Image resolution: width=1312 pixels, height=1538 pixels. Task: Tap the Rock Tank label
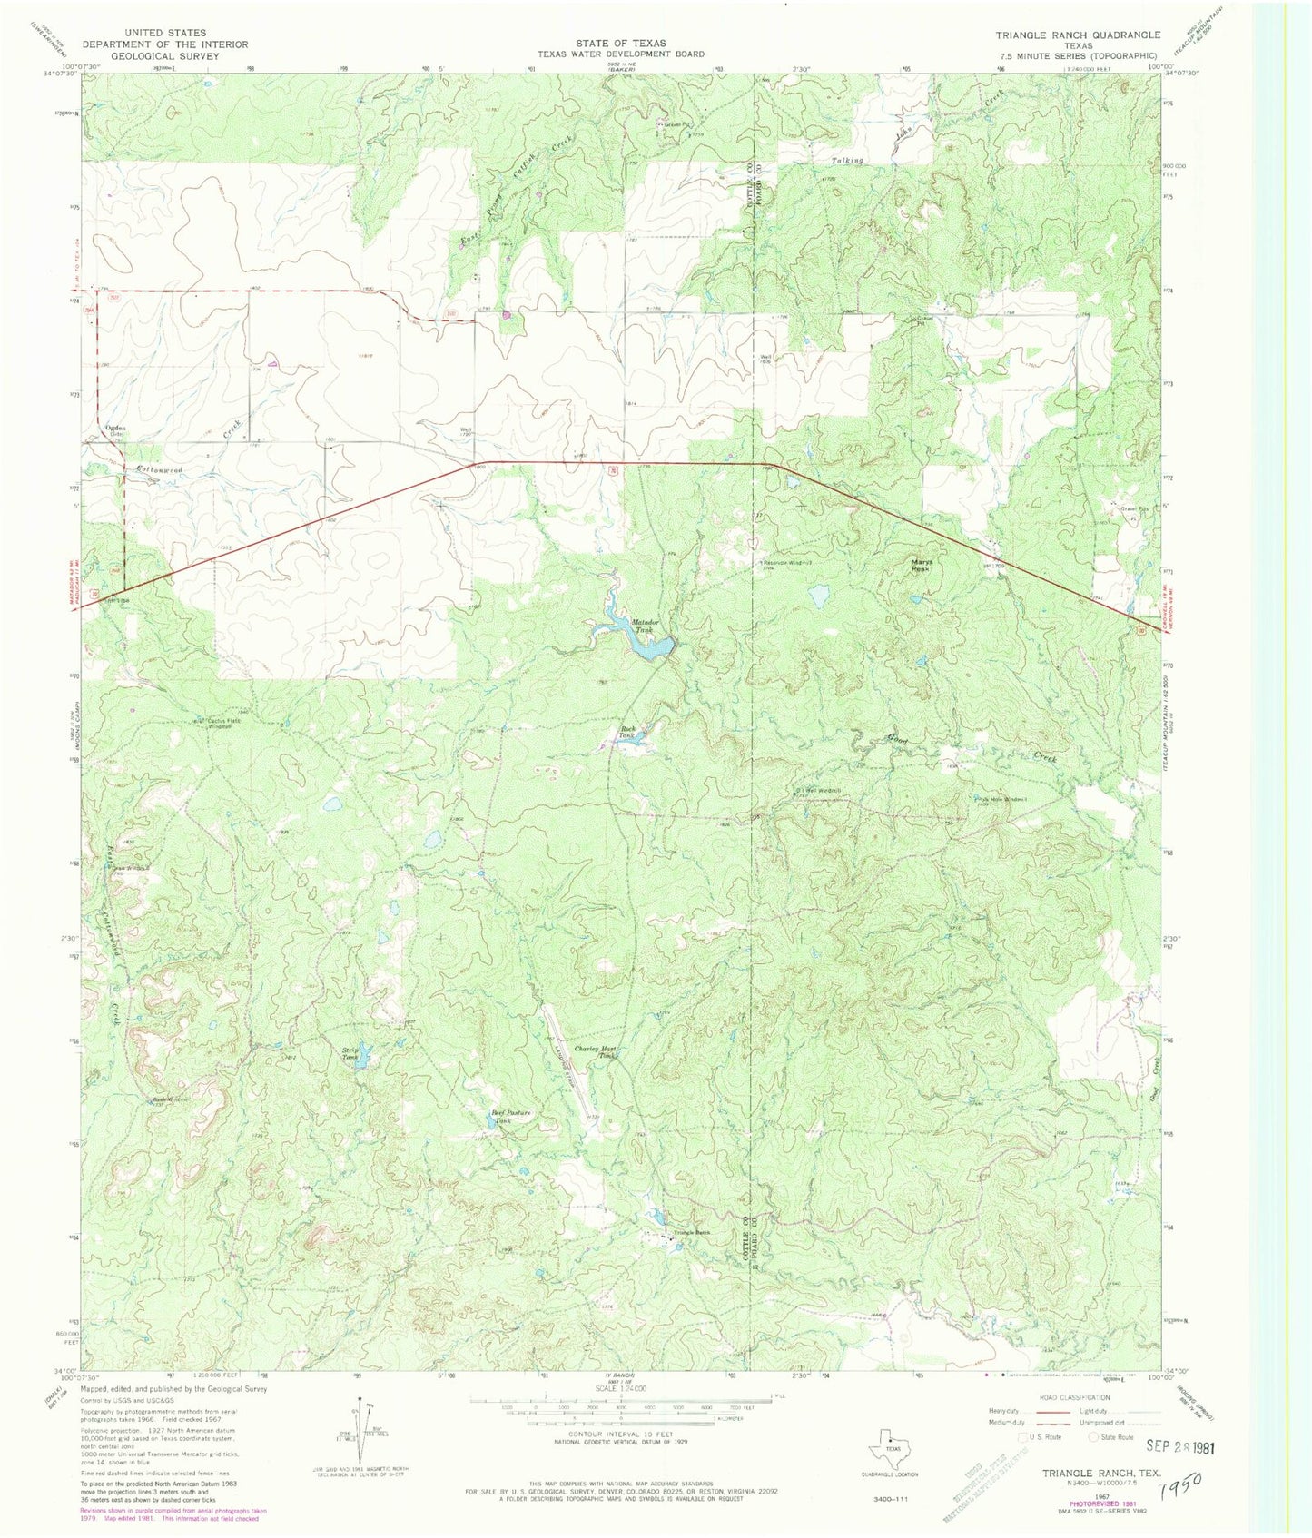626,732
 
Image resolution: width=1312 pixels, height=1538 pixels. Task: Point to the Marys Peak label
922,565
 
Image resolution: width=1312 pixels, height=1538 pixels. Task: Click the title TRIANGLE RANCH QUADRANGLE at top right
1077,35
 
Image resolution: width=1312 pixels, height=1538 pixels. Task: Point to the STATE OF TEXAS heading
620,43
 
